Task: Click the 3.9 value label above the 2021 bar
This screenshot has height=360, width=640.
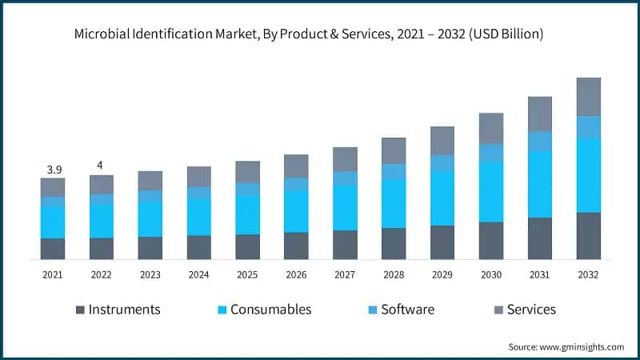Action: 53,170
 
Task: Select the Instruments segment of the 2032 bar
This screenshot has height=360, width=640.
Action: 589,236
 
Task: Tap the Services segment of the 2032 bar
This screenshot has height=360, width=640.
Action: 589,97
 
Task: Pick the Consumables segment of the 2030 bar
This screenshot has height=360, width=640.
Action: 491,192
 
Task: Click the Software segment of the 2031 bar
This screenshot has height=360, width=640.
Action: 540,141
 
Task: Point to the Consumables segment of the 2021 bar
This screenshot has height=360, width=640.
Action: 53,222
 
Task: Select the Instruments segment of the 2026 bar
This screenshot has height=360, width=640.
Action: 296,246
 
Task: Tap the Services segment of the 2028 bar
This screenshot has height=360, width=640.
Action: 394,150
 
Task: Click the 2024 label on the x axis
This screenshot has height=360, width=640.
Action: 198,274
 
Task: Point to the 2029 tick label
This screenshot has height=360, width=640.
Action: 442,274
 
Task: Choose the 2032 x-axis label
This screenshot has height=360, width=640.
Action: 589,274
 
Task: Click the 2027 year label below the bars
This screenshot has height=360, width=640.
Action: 345,274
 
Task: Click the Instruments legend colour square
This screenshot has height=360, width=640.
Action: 80,310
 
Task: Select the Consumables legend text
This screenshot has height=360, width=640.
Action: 270,310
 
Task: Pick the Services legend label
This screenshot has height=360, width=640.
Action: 531,310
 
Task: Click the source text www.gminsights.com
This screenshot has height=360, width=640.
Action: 580,346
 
